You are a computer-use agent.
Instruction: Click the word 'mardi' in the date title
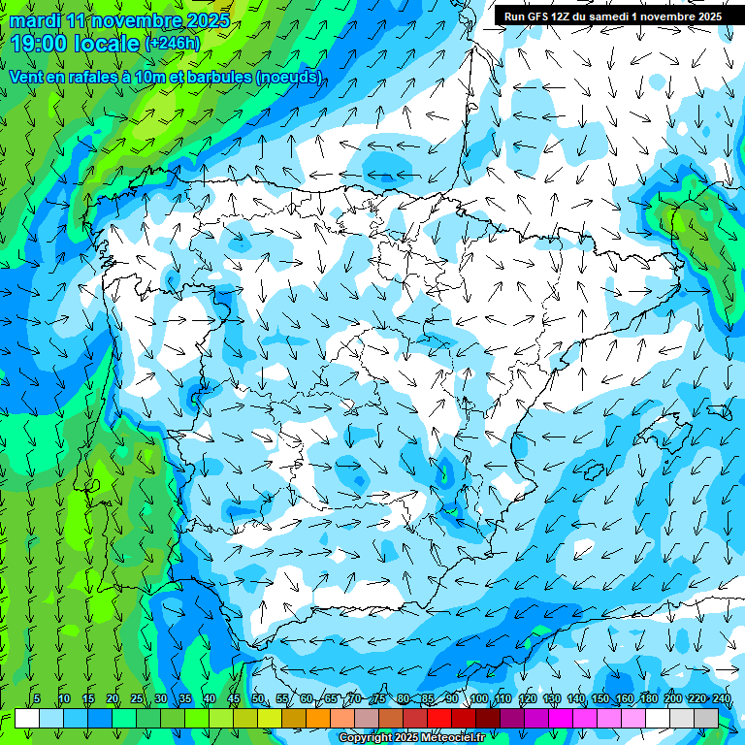pyautogui.click(x=35, y=21)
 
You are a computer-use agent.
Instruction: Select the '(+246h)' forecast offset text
pyautogui.click(x=172, y=44)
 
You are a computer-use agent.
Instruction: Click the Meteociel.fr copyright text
pyautogui.click(x=411, y=738)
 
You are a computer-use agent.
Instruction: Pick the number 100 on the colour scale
pyautogui.click(x=479, y=699)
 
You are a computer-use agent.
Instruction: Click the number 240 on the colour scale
pyautogui.click(x=721, y=699)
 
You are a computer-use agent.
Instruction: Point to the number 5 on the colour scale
pyautogui.click(x=37, y=699)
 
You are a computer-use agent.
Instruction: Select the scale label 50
pyautogui.click(x=258, y=699)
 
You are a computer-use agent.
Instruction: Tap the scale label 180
pyautogui.click(x=648, y=699)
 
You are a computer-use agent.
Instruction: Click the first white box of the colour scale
pyautogui.click(x=27, y=718)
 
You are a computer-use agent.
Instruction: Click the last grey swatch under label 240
pyautogui.click(x=706, y=718)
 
